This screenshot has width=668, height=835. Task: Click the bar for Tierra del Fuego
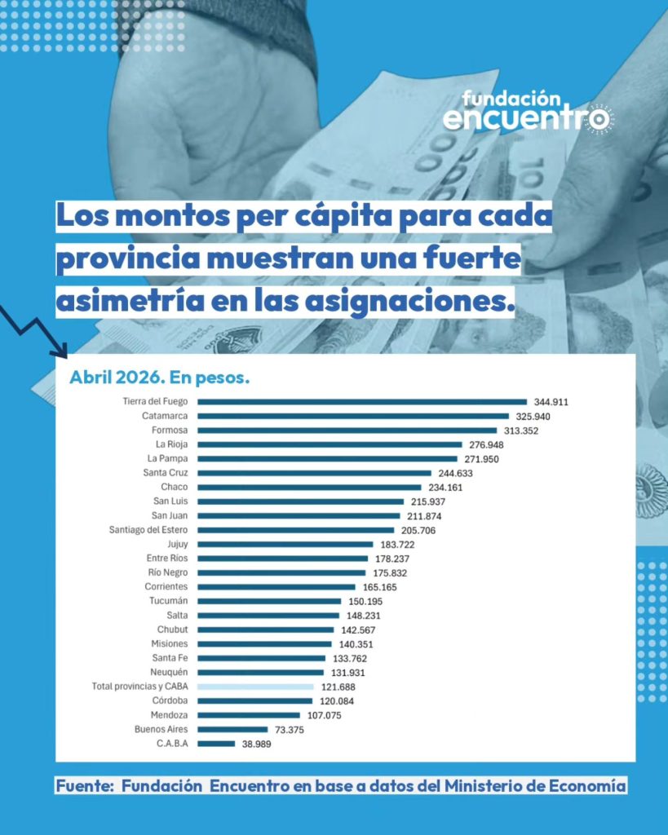pyautogui.click(x=362, y=402)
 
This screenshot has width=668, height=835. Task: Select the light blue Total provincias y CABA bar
pyautogui.click(x=255, y=687)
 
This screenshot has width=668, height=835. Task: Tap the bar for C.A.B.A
pyautogui.click(x=216, y=744)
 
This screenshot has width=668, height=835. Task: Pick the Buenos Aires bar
pyautogui.click(x=232, y=730)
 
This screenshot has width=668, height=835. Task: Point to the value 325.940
pyautogui.click(x=533, y=417)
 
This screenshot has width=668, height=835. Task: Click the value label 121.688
pyautogui.click(x=338, y=687)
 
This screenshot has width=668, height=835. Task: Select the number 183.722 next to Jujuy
pyautogui.click(x=397, y=545)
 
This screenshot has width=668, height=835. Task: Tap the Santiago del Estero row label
pyautogui.click(x=148, y=530)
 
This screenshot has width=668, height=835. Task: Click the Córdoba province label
pyautogui.click(x=170, y=700)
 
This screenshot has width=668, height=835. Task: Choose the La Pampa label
pyautogui.click(x=168, y=458)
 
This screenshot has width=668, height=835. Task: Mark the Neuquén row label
pyautogui.click(x=169, y=672)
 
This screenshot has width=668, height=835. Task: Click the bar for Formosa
pyautogui.click(x=347, y=431)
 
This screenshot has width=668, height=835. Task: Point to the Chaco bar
pyautogui.click(x=309, y=488)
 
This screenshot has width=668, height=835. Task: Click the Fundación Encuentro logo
pyautogui.click(x=528, y=111)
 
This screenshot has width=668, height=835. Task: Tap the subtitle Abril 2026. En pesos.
pyautogui.click(x=160, y=378)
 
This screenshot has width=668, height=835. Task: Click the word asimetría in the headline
pyautogui.click(x=130, y=301)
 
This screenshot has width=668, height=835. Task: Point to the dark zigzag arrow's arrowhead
pyautogui.click(x=60, y=351)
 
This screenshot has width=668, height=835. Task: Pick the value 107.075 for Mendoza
pyautogui.click(x=325, y=716)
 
